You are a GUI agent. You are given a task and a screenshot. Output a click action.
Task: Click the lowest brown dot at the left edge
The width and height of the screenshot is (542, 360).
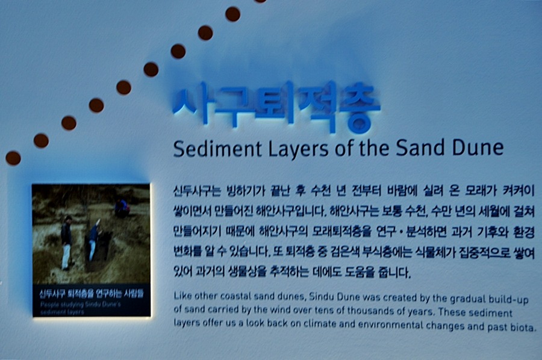(x=13, y=158)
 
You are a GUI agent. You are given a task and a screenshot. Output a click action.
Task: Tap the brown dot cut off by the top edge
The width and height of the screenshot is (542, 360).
(x=260, y=1)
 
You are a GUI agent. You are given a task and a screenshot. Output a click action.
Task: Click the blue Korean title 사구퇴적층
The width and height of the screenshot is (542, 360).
(x=276, y=106)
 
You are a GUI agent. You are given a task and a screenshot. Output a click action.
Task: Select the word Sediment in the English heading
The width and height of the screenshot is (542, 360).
(x=217, y=148)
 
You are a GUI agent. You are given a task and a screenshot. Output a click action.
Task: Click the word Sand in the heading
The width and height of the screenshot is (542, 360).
(x=420, y=147)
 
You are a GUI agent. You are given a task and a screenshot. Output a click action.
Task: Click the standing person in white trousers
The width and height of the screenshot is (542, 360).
(x=66, y=243)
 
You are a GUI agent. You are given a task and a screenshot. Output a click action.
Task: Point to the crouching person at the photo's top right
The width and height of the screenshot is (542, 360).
(x=122, y=208)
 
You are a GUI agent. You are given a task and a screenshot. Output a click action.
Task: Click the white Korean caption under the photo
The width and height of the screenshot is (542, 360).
(x=92, y=294)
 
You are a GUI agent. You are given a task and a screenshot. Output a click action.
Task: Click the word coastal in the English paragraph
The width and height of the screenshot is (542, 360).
(x=235, y=296)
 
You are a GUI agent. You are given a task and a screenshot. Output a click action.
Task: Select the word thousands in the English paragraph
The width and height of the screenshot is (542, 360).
(x=369, y=311)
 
